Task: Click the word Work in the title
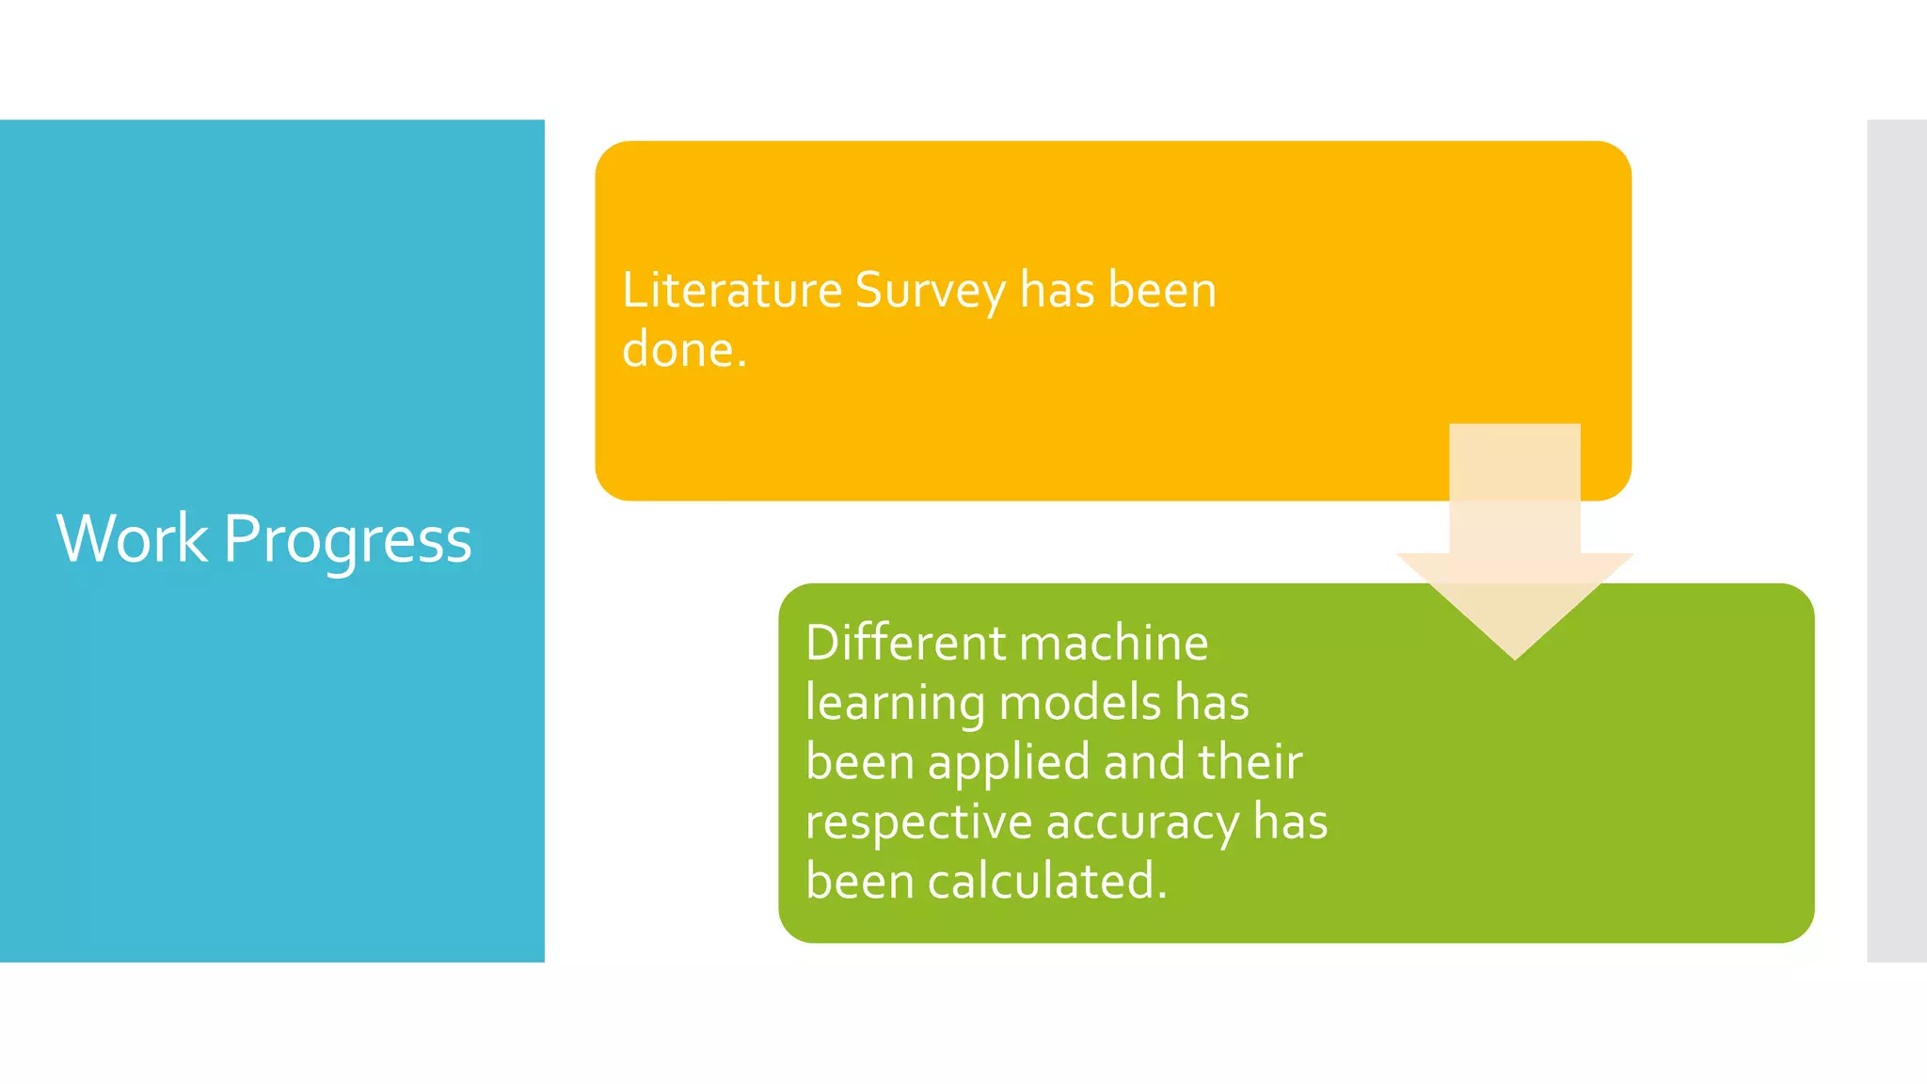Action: pos(132,539)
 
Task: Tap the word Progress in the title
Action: pos(347,541)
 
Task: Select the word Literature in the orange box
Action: pos(731,290)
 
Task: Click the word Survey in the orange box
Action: pos(930,292)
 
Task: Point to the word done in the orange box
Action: pos(677,350)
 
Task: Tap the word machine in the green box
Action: pos(1113,644)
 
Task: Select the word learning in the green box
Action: pos(894,705)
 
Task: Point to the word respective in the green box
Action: pos(918,823)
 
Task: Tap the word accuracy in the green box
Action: pos(1142,823)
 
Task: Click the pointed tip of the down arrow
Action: pos(1515,656)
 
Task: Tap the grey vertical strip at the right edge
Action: pos(1897,541)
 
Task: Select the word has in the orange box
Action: pos(1057,290)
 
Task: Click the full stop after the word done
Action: pos(741,365)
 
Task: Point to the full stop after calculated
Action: pos(1162,897)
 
